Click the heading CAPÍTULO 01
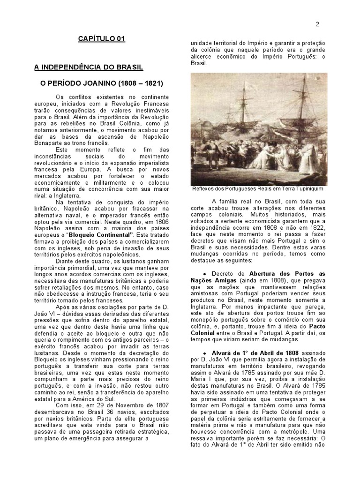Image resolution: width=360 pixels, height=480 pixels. click(x=102, y=38)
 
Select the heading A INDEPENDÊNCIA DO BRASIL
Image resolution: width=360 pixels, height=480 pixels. click(x=89, y=67)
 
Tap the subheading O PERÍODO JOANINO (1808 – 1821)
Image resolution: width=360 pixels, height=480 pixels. click(x=102, y=83)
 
